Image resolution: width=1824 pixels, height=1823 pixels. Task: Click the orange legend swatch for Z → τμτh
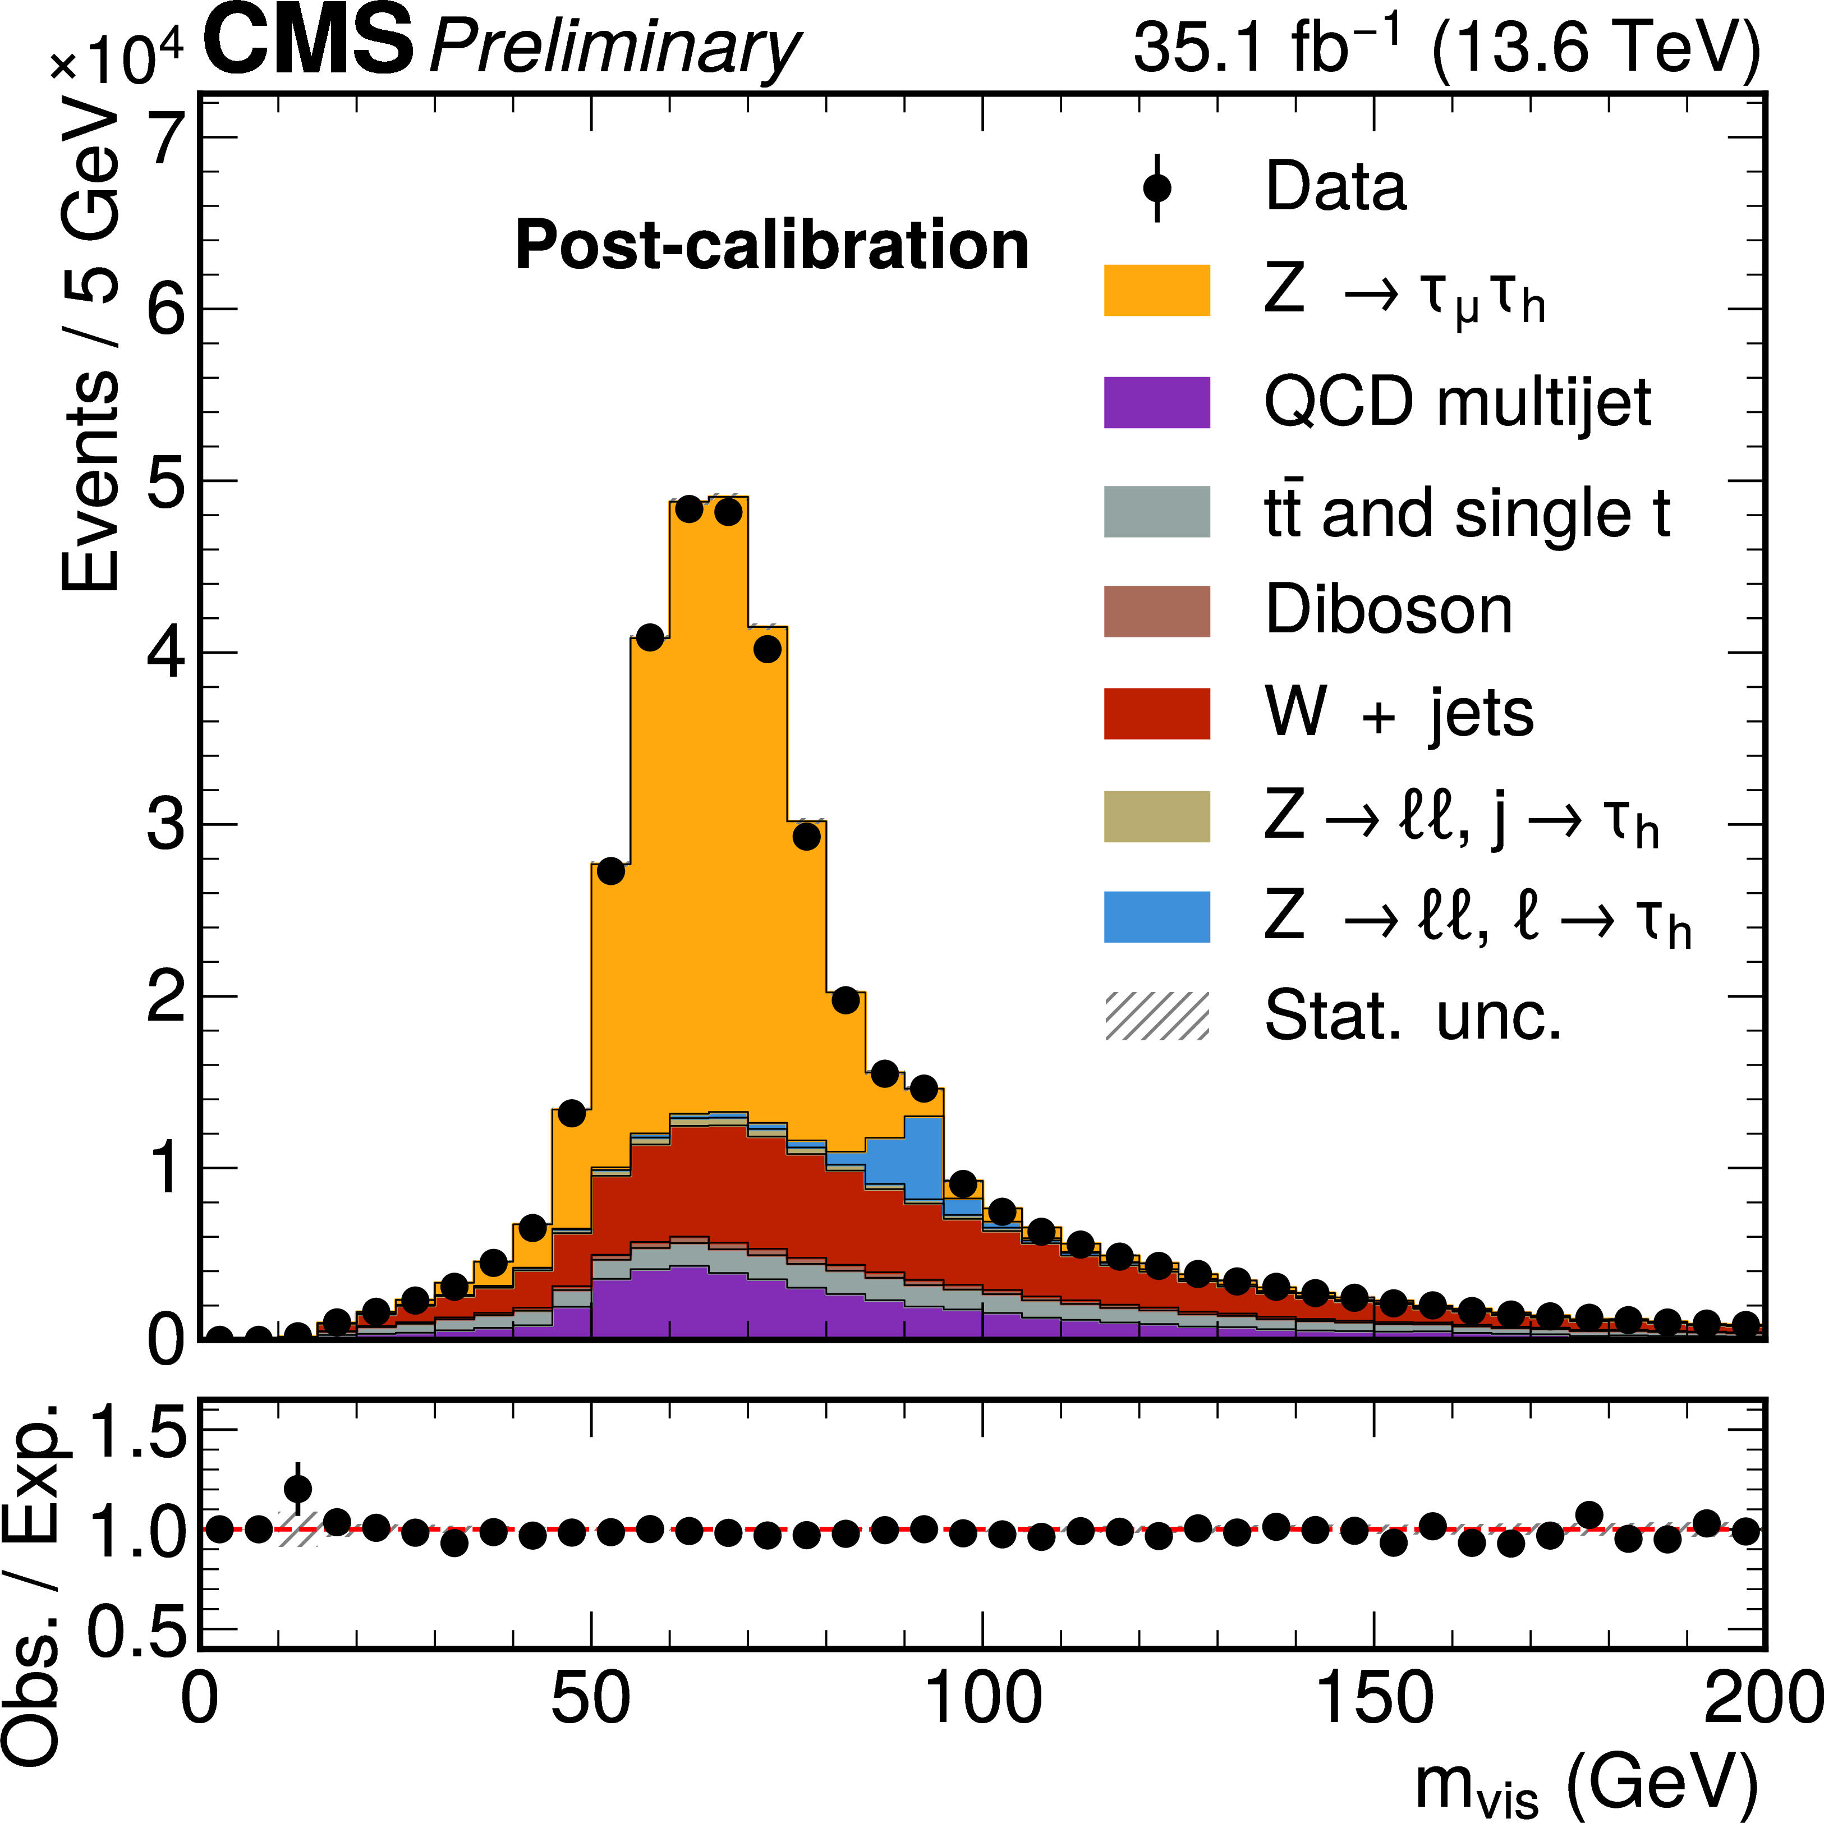1156,290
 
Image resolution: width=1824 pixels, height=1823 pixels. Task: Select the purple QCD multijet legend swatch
1156,402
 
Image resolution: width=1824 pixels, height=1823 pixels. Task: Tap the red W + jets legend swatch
1156,713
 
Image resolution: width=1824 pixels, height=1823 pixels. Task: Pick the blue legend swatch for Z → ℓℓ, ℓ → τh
1156,917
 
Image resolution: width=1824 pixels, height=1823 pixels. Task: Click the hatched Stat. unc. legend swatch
1156,1017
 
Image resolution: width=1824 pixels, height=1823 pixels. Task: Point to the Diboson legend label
1388,611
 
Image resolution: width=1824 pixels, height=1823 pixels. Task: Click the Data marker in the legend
1156,188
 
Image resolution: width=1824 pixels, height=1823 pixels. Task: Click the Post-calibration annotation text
771,245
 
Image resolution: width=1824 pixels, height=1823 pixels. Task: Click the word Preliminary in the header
614,47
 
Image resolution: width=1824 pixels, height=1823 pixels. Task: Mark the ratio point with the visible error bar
297,1489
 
